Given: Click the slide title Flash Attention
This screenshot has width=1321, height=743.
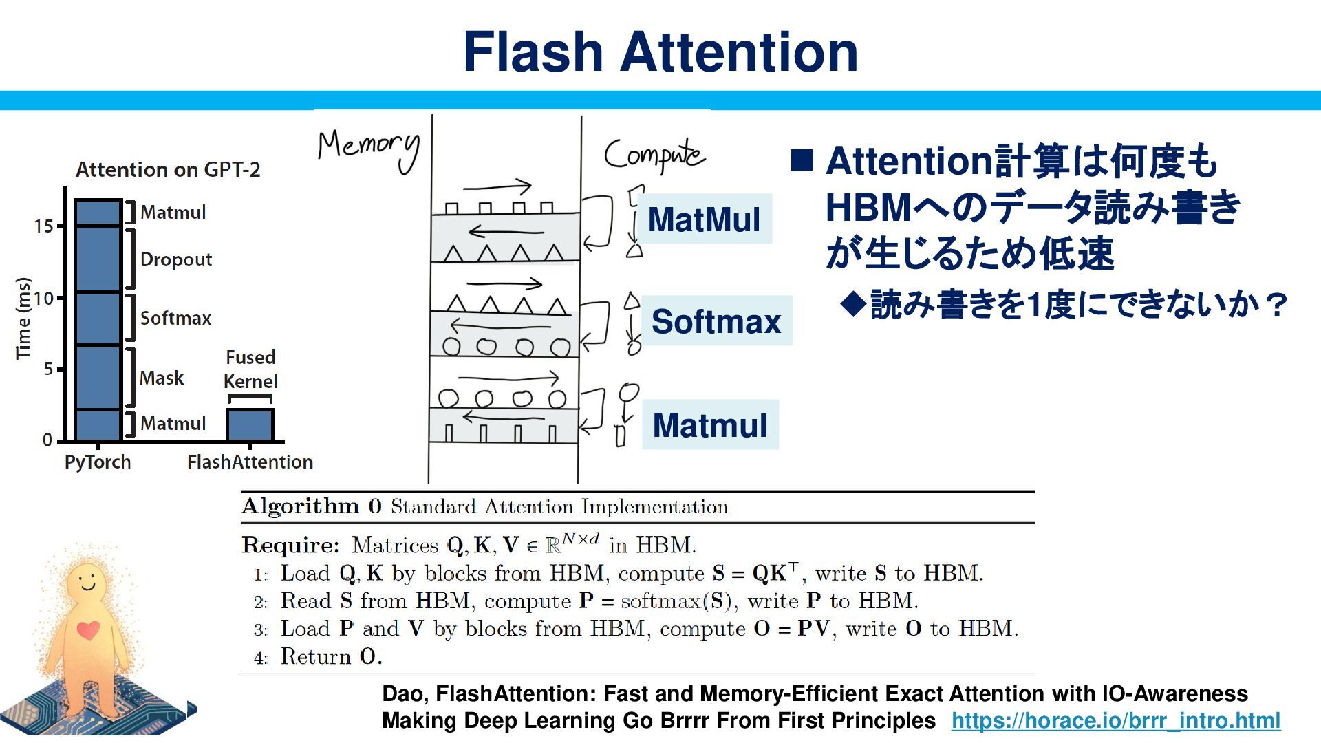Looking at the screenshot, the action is [660, 52].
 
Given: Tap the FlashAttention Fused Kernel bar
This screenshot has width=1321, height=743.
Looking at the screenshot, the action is [250, 424].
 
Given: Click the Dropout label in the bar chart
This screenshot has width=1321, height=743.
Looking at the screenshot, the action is [175, 259].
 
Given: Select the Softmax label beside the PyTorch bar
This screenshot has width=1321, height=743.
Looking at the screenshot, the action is [175, 318].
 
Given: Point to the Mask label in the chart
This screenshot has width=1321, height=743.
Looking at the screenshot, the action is [162, 378].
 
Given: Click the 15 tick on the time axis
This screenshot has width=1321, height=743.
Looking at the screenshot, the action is [44, 226].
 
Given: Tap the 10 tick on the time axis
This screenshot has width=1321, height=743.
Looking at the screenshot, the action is [44, 298].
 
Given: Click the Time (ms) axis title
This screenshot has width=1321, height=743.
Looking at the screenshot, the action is [23, 318].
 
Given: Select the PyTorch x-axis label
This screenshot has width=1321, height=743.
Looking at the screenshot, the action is [98, 462].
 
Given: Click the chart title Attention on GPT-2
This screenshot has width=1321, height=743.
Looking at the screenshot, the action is [168, 169].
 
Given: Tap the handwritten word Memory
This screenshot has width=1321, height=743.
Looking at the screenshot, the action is [369, 148].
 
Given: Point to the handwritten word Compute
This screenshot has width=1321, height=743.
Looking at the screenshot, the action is [654, 155].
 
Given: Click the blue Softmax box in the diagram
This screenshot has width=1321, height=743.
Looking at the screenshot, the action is [716, 321].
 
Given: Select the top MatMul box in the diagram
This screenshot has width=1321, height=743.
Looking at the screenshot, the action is [704, 219].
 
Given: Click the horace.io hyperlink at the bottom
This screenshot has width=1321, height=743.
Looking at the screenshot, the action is [1115, 720].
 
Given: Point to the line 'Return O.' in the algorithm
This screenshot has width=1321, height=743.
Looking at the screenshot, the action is [331, 656].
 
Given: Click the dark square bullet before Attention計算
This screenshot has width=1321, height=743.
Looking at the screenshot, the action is [802, 160].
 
